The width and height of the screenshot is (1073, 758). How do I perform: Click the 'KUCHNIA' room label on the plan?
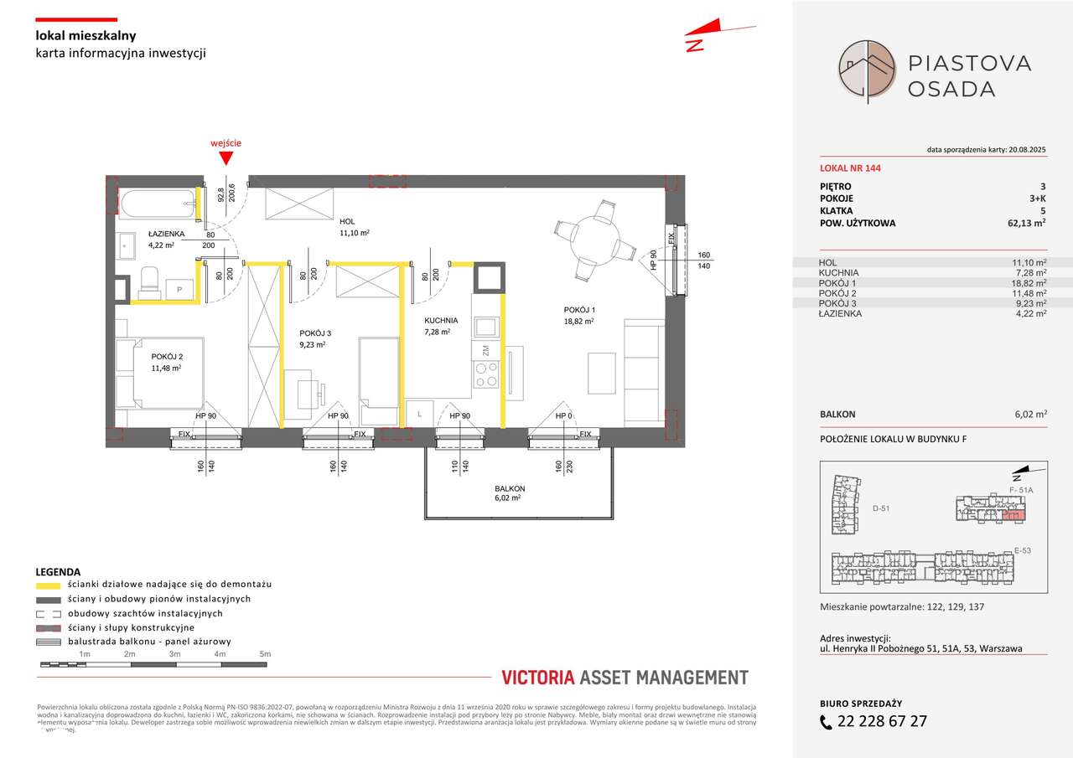click(441, 320)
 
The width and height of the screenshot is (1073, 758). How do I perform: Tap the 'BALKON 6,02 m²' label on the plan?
click(509, 492)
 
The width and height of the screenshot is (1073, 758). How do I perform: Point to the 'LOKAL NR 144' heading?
click(850, 168)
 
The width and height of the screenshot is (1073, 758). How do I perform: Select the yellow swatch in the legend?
click(49, 585)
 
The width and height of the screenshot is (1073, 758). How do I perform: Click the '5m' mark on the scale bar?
click(264, 654)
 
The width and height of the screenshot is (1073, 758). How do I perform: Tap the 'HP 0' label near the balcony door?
click(564, 416)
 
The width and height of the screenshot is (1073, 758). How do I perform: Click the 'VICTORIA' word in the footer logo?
click(536, 678)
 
